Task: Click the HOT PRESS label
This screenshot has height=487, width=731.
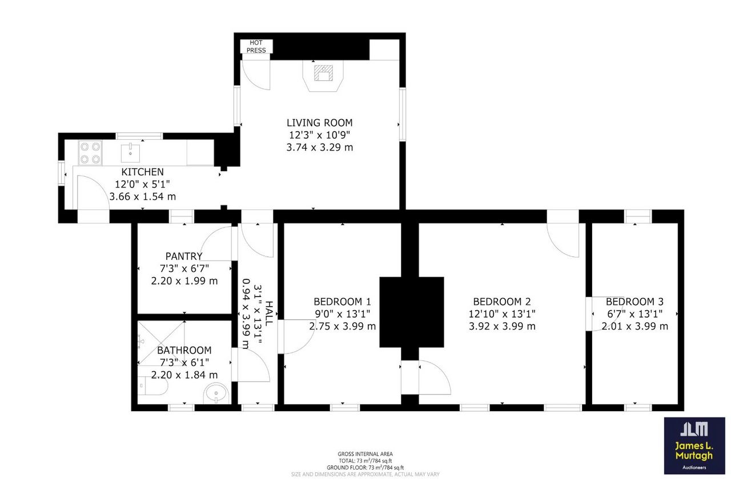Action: click(x=256, y=46)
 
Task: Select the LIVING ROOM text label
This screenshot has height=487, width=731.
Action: click(x=319, y=123)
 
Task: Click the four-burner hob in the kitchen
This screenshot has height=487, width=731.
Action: click(x=90, y=153)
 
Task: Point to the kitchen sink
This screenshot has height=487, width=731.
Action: click(x=131, y=153)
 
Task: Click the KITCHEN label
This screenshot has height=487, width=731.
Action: click(x=143, y=172)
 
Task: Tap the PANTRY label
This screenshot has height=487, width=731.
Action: click(x=184, y=256)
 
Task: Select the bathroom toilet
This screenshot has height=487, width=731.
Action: click(x=152, y=386)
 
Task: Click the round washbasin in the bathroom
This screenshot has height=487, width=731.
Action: click(x=216, y=393)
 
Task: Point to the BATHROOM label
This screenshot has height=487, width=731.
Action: click(x=184, y=350)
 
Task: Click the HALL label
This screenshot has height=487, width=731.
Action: click(x=269, y=314)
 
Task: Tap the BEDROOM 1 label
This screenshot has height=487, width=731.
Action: click(x=342, y=302)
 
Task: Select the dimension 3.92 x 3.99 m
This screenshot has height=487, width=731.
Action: click(x=502, y=326)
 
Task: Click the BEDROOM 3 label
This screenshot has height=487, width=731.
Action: click(x=634, y=302)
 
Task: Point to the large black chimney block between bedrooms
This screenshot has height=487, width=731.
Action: click(x=412, y=312)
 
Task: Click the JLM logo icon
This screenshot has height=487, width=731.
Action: click(x=694, y=429)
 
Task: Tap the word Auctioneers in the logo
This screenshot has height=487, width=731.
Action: click(x=694, y=467)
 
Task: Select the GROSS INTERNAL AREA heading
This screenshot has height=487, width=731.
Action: click(x=365, y=454)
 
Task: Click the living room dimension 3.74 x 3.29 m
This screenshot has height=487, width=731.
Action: click(x=319, y=147)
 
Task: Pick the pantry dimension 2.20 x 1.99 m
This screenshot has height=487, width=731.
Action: click(x=184, y=281)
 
